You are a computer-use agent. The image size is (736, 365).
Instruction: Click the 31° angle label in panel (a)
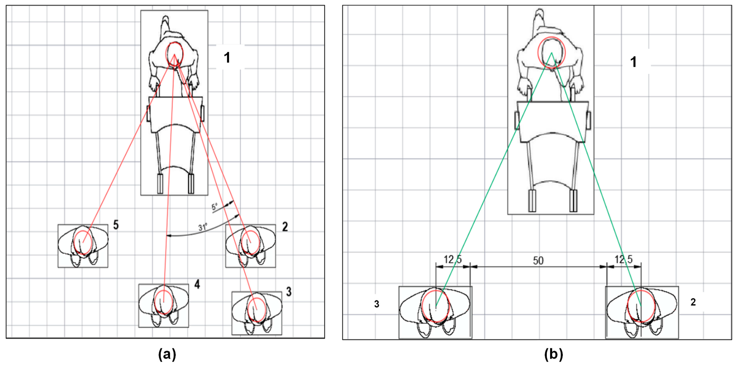(203, 227)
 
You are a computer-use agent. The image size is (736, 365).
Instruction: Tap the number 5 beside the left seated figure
(116, 225)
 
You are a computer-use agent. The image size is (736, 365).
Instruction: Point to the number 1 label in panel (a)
(227, 58)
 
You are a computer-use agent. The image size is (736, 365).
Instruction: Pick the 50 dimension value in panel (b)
(538, 260)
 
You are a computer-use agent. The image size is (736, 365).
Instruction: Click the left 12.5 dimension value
(453, 259)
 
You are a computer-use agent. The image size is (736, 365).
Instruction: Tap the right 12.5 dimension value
(624, 259)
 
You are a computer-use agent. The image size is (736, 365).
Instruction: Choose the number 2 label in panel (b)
(693, 302)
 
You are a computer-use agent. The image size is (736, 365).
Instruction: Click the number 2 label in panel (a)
(285, 227)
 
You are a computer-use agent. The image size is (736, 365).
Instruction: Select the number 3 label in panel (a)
(289, 292)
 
